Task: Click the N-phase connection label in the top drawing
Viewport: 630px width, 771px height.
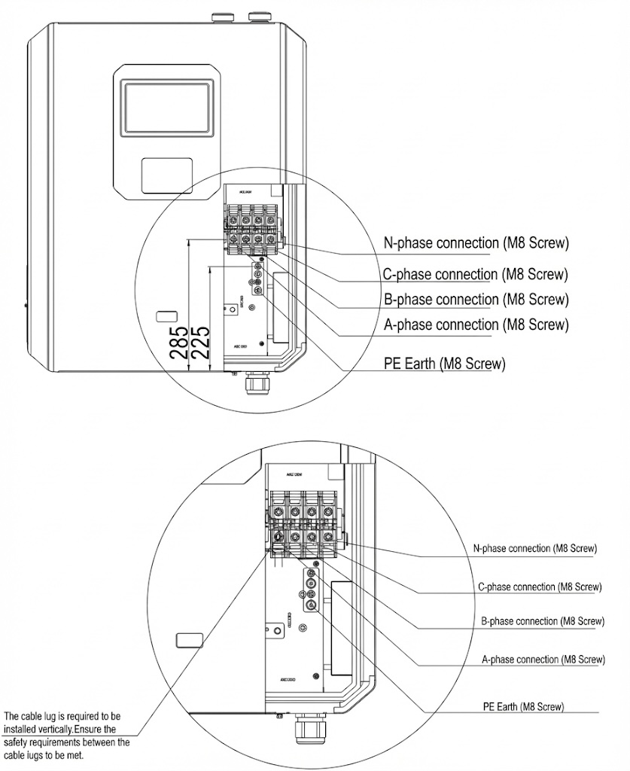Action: coord(476,243)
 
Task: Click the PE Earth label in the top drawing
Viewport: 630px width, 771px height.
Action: coord(444,364)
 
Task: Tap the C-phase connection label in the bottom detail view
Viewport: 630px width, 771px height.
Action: coord(540,586)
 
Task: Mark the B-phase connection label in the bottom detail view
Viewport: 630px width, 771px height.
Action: coord(542,621)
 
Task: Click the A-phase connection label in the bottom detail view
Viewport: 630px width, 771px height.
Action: coord(543,660)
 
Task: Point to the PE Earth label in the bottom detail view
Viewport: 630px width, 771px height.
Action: coord(523,707)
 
